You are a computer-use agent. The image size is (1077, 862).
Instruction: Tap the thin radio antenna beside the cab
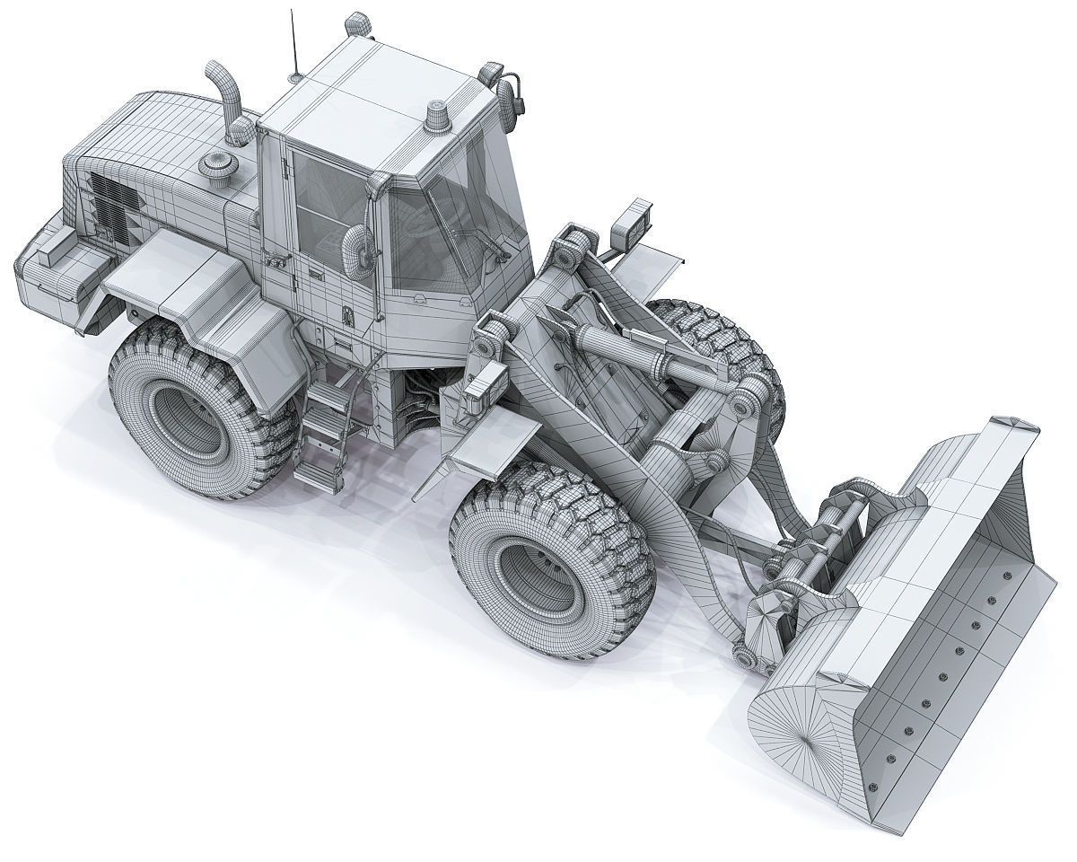292,45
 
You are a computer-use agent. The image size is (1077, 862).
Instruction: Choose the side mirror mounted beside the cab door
356,247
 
